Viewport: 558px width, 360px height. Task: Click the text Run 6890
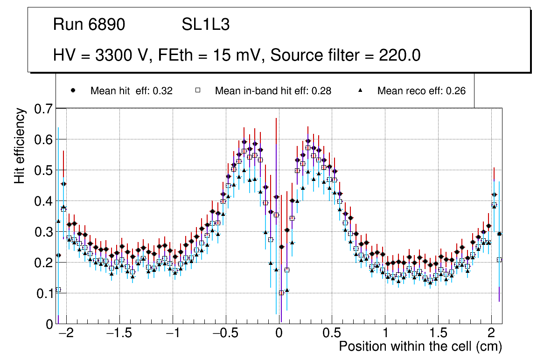(89, 25)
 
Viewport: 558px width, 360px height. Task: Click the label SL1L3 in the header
(205, 25)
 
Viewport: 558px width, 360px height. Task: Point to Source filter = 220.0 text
(346, 55)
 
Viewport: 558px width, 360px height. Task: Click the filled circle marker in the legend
(73, 90)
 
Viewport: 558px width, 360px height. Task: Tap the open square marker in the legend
(197, 90)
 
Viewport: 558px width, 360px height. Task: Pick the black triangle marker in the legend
(360, 90)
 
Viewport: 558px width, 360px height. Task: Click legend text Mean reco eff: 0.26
(421, 91)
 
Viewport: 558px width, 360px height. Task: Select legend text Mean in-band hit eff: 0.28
(273, 91)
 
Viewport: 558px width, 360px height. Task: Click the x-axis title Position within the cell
(420, 346)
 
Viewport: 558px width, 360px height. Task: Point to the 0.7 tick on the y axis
(43, 109)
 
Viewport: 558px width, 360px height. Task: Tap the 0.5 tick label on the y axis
(43, 171)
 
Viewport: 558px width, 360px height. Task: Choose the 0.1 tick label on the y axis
(43, 293)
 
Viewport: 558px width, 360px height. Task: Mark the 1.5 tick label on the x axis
(439, 333)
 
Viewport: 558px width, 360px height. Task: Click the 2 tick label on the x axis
(491, 333)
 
